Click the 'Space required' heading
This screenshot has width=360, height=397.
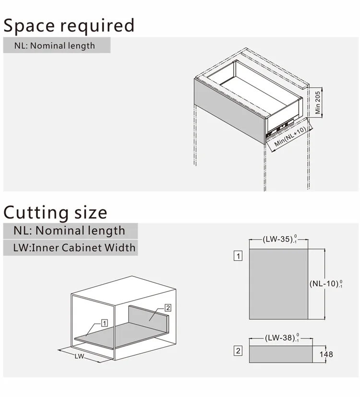[x=69, y=25]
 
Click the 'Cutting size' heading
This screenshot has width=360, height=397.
[x=56, y=212]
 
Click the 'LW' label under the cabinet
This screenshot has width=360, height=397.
[x=79, y=356]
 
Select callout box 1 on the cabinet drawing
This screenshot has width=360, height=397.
[x=105, y=323]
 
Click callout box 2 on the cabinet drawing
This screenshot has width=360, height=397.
[x=168, y=308]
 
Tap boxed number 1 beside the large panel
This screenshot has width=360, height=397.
[x=238, y=255]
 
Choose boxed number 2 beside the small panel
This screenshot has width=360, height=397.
[x=238, y=351]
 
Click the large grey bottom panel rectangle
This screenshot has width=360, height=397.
[x=278, y=284]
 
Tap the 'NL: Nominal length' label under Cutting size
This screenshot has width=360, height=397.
[x=69, y=230]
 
